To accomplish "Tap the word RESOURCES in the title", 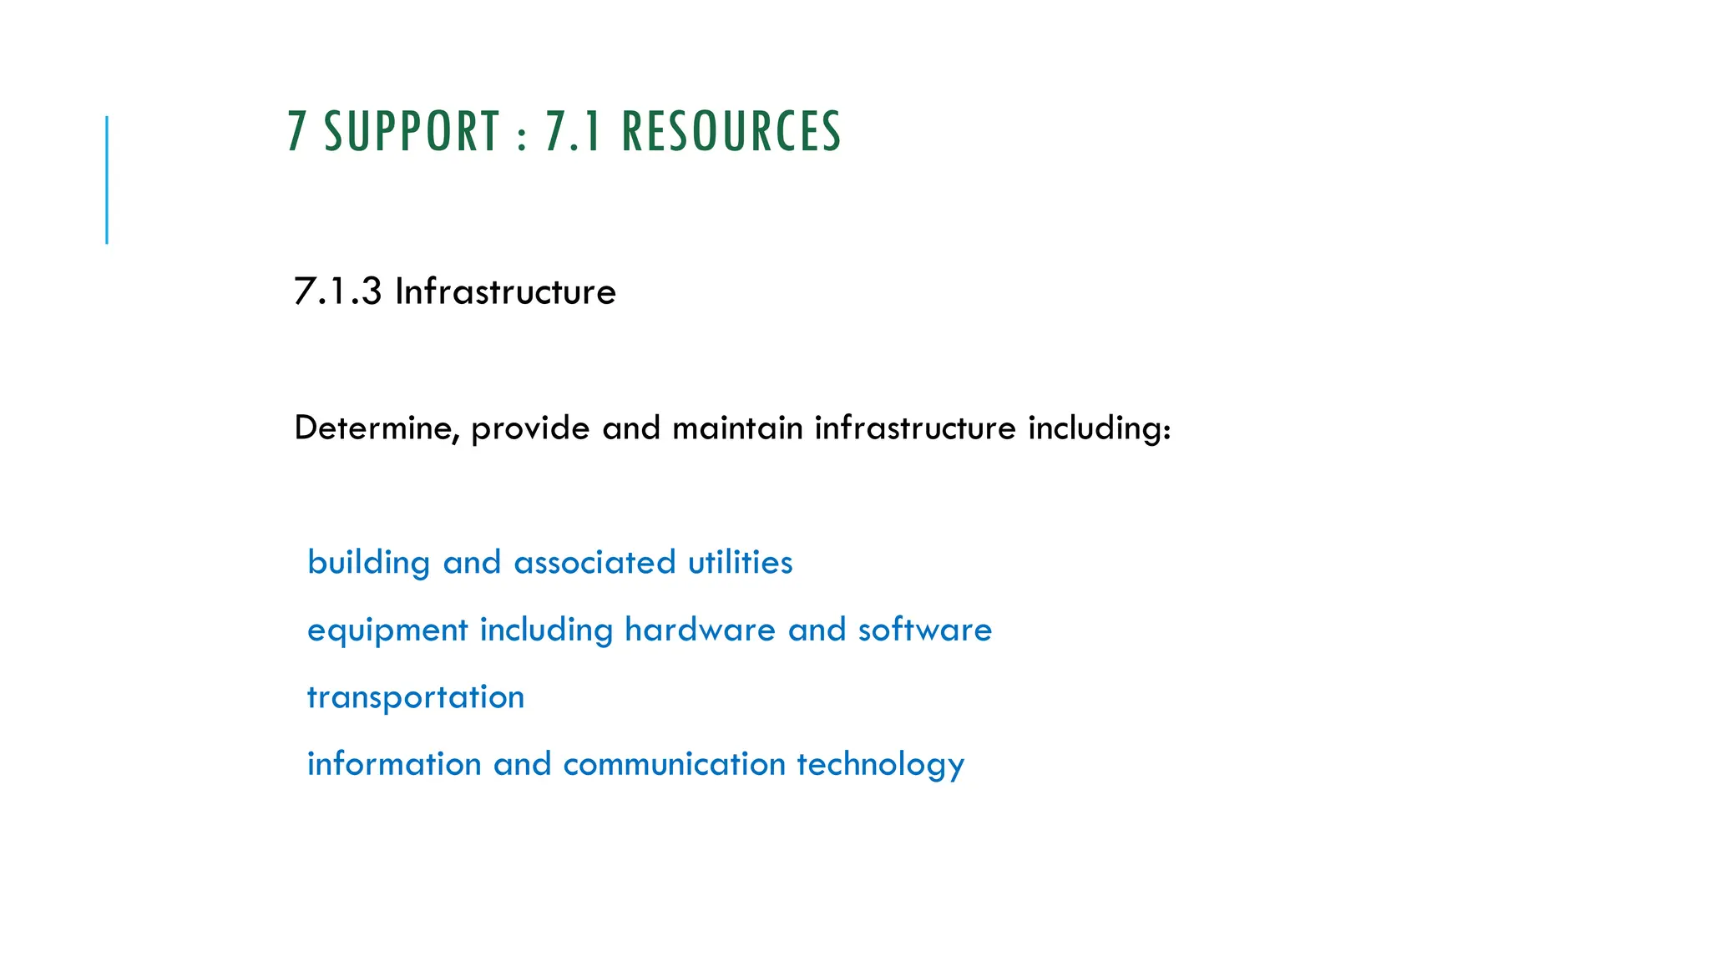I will pyautogui.click(x=731, y=132).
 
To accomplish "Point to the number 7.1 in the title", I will pyautogui.click(x=574, y=132).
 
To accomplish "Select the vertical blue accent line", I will pyautogui.click(x=107, y=180).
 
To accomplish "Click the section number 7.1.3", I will pyautogui.click(x=337, y=291).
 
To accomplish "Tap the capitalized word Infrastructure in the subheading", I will pyautogui.click(x=505, y=291).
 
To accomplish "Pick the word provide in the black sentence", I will pyautogui.click(x=530, y=429).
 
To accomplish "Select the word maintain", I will pyautogui.click(x=737, y=428).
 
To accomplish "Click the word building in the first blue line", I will pyautogui.click(x=368, y=563).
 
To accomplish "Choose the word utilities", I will pyautogui.click(x=741, y=563).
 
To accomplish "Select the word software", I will pyautogui.click(x=925, y=630).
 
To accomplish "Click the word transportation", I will pyautogui.click(x=416, y=698).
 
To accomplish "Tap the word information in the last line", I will pyautogui.click(x=394, y=764).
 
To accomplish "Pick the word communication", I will pyautogui.click(x=675, y=764).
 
